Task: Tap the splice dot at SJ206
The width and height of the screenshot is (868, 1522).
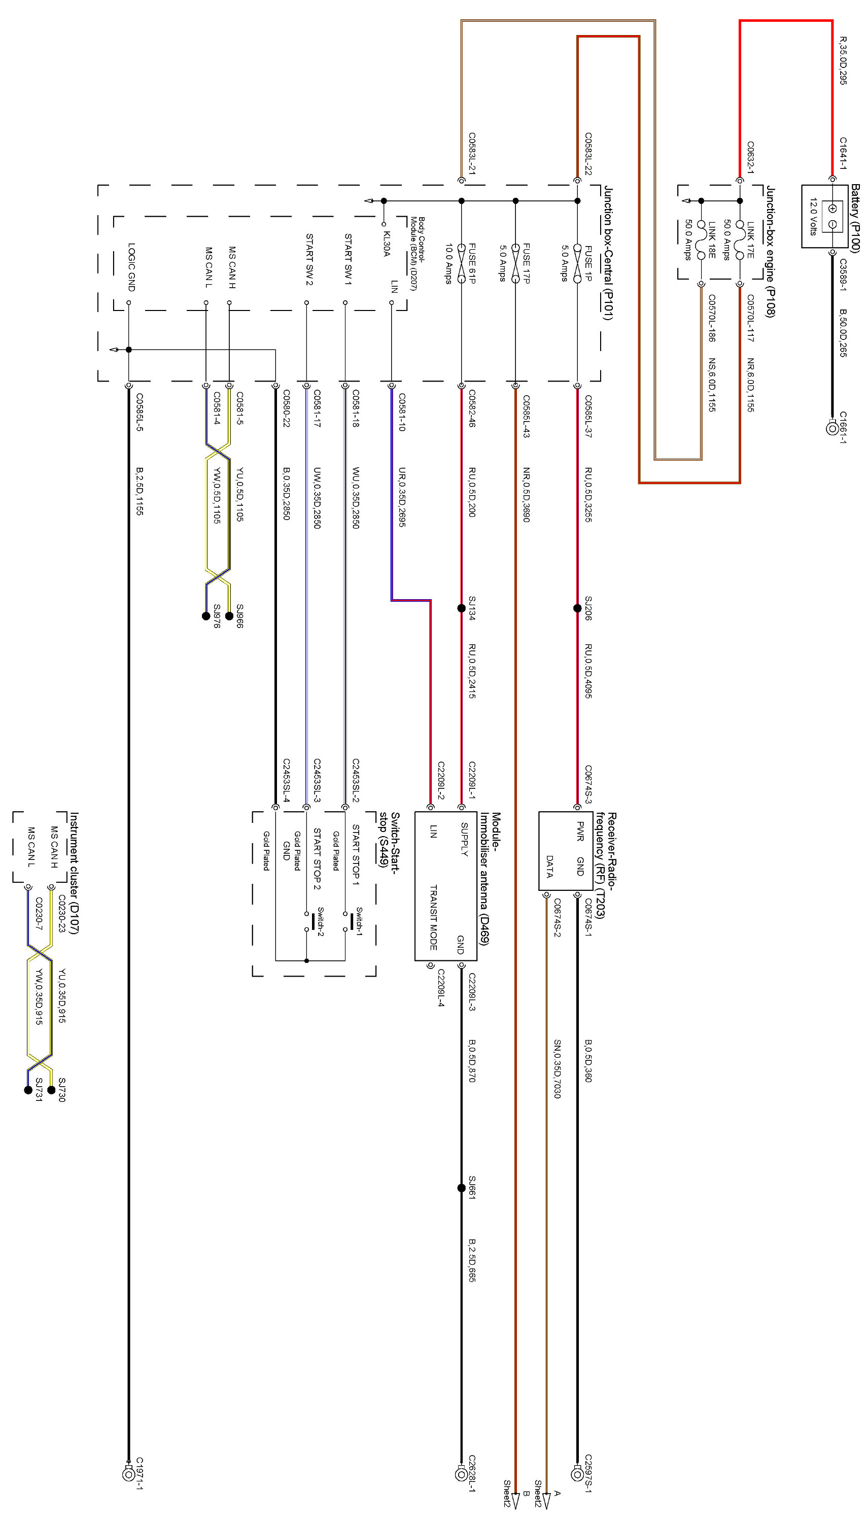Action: coord(577,608)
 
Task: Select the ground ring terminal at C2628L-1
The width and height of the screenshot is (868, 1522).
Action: coord(461,1474)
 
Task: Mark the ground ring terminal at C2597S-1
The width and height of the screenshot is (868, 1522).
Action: coord(576,1474)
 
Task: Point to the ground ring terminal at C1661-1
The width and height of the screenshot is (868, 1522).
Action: coord(832,428)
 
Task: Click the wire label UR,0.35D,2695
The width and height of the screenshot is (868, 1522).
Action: coord(402,497)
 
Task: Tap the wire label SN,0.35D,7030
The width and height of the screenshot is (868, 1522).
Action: coord(557,1069)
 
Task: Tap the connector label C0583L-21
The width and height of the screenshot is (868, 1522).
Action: coord(472,153)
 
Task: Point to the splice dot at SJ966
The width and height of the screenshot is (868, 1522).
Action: coord(229,616)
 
